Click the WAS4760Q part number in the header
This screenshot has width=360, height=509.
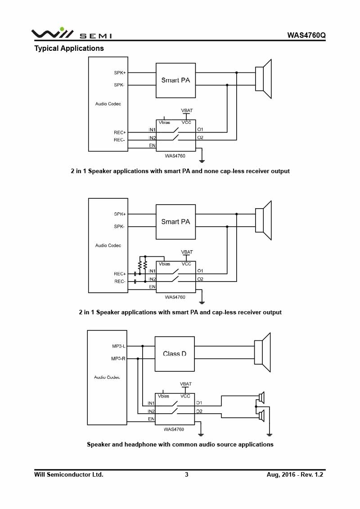306,35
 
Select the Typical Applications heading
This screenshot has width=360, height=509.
69,49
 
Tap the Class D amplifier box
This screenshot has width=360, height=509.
175,354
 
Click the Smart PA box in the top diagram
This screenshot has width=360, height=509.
175,80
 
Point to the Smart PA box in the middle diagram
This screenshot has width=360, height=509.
175,222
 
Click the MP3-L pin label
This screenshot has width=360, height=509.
119,346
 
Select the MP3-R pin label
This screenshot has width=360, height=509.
118,358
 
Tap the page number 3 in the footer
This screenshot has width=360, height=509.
186,474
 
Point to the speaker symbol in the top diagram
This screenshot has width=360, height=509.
263,79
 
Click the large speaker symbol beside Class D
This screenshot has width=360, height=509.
262,352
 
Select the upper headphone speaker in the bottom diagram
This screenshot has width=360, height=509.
261,397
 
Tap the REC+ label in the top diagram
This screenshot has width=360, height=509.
120,133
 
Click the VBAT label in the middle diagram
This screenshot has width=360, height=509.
187,252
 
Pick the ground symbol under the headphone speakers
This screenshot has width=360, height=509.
269,434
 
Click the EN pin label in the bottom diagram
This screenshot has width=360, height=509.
151,419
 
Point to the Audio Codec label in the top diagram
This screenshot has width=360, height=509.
108,104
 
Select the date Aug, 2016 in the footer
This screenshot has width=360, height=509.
281,474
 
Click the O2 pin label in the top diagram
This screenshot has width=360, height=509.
200,138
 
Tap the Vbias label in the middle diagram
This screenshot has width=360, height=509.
164,264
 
